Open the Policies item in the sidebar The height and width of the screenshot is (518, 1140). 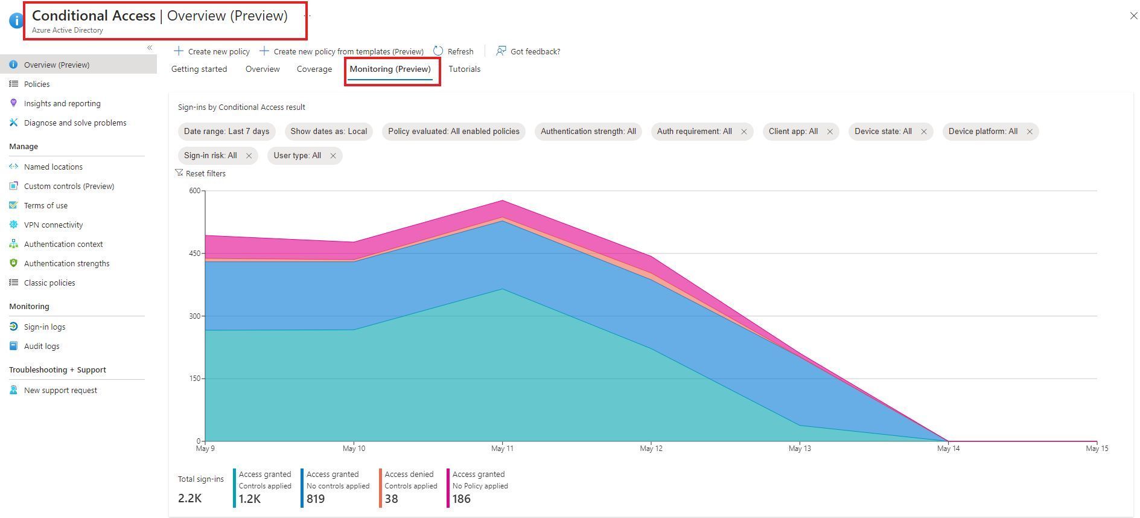coord(37,84)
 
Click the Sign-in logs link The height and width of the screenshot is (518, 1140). coord(44,327)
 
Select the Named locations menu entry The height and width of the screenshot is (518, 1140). coord(53,167)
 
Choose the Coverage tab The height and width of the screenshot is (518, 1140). coord(314,69)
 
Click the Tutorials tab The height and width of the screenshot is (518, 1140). coord(464,69)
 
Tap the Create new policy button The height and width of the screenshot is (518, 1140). coord(212,51)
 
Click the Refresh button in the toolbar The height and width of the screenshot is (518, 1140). coord(454,51)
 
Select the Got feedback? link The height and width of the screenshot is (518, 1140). coord(528,51)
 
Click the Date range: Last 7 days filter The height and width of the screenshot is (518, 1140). coord(226,132)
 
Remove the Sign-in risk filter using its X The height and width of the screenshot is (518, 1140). coord(249,156)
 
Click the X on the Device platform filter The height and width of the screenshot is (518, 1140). coord(1030,132)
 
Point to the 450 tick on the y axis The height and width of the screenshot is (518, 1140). coord(194,253)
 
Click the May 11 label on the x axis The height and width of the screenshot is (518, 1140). coord(502,449)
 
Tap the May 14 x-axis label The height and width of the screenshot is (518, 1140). coord(948,449)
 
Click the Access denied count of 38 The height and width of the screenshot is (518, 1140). coord(392,499)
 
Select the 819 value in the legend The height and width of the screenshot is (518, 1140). coord(316,499)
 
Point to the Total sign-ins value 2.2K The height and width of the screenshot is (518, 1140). coord(189,498)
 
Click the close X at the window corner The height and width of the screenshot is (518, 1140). coord(1133,16)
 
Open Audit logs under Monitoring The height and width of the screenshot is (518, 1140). coord(41,346)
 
